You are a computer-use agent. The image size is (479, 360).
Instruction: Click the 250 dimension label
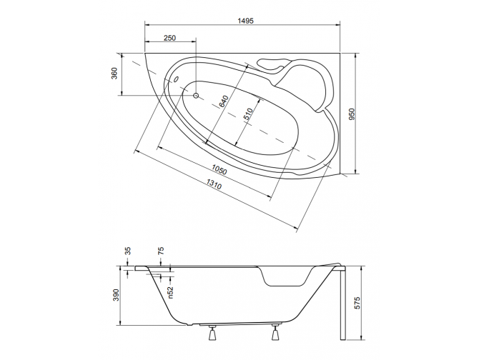pos(170,38)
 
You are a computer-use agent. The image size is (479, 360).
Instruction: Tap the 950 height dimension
pos(351,114)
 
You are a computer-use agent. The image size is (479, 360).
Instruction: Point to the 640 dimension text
pos(224,101)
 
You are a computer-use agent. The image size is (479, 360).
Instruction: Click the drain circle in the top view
pos(196,93)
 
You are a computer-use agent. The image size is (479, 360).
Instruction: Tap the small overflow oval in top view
pos(176,80)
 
